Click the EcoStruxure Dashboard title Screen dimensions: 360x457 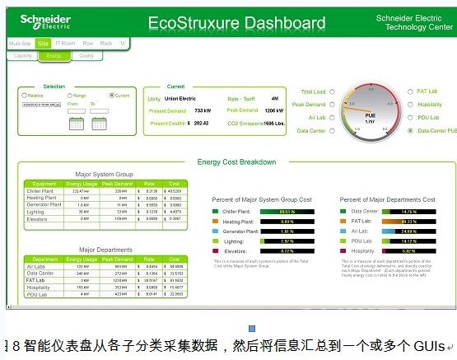(x=236, y=24)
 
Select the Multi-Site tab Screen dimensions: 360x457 (x=21, y=43)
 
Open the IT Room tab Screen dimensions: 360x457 (x=66, y=43)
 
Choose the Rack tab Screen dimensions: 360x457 (x=105, y=43)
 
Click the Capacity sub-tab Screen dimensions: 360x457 (x=23, y=56)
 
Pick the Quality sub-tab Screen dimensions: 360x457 (x=86, y=56)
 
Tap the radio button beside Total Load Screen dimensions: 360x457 (x=332, y=92)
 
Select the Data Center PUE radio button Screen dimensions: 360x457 (x=410, y=130)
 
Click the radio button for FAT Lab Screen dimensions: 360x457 (x=410, y=92)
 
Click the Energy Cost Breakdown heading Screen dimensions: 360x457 (x=236, y=162)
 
